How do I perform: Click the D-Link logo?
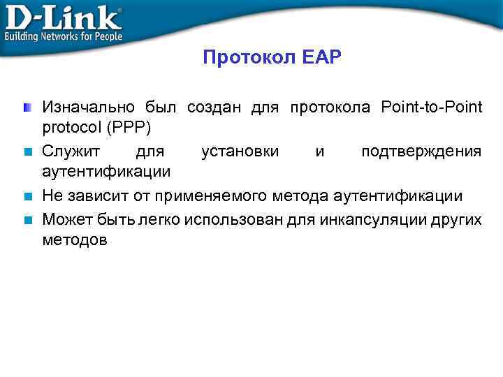coord(63,15)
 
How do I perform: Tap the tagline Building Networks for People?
coord(64,36)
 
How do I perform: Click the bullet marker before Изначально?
coord(27,108)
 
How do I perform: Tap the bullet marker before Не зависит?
coord(27,196)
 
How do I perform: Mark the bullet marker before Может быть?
coord(27,219)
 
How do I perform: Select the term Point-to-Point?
coord(432,108)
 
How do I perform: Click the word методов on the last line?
coord(75,241)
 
